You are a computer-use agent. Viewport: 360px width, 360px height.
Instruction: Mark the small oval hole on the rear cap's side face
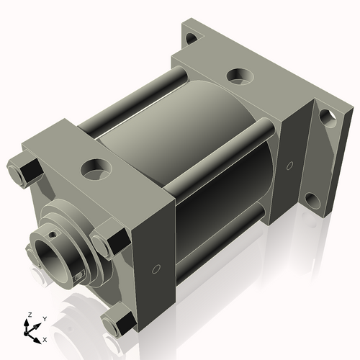tap(289, 166)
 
